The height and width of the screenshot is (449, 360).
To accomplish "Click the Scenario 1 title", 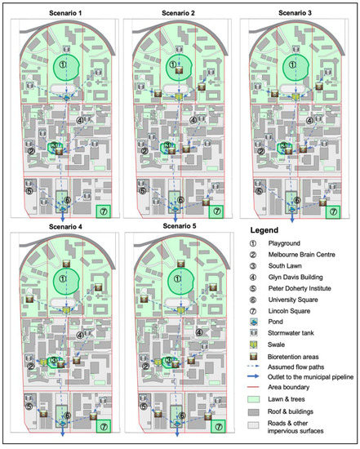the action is [x=65, y=13].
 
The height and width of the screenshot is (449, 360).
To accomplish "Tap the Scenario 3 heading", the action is [x=295, y=13].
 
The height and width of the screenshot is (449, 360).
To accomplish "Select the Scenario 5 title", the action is [x=180, y=226].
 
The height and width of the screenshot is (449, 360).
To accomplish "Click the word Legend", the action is [x=264, y=230].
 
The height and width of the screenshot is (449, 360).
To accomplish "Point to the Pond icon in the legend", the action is [x=253, y=322].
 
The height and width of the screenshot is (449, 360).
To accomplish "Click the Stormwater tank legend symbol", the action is [x=253, y=333].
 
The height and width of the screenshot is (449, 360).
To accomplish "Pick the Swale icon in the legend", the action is [x=253, y=345].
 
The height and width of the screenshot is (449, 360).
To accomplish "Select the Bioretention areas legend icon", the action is [x=253, y=357].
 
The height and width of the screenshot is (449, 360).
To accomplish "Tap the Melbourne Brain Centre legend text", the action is [x=301, y=255].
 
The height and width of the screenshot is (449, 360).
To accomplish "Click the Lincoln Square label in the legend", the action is [x=289, y=311].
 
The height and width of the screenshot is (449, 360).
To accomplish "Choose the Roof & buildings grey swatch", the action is [x=253, y=412].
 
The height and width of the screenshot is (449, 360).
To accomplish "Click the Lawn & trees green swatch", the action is [x=253, y=399].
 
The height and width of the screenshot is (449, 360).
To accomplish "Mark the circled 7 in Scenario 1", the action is [x=104, y=211].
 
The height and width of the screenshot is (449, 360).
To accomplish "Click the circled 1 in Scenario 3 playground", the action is [x=292, y=64].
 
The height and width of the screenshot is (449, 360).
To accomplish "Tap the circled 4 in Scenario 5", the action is [x=198, y=332].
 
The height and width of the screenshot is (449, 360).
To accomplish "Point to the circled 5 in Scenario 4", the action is [x=29, y=406].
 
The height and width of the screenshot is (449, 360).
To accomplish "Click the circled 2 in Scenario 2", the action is [x=144, y=151].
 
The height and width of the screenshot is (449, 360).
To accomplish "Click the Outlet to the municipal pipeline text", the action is [x=310, y=377].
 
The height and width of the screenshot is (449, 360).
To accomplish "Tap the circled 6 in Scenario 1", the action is [x=68, y=200].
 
